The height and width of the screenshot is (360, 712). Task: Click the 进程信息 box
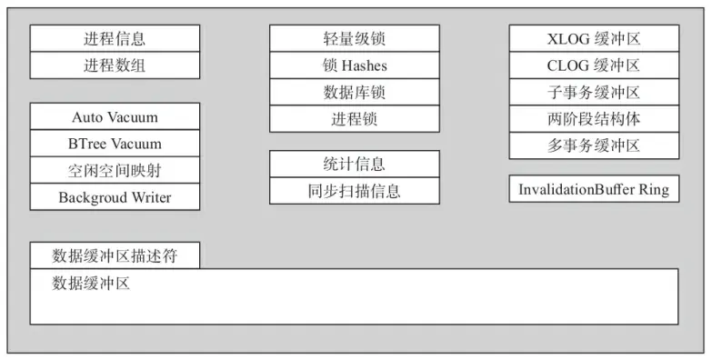point(115,39)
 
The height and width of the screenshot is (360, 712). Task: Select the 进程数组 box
point(115,65)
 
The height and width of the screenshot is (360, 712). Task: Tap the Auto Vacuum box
point(115,117)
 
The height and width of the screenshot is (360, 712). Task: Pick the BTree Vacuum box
point(115,144)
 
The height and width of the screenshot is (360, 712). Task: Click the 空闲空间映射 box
point(115,170)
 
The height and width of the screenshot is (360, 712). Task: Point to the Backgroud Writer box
point(115,196)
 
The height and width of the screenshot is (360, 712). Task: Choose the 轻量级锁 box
point(354,39)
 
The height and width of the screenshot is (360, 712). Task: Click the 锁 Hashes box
point(354,65)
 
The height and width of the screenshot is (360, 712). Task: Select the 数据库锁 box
point(354,92)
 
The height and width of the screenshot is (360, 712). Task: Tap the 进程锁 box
point(354,118)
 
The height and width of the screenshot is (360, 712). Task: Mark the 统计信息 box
point(354,164)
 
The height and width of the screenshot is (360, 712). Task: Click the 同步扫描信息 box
point(354,190)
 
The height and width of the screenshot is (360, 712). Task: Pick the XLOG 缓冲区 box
point(594,39)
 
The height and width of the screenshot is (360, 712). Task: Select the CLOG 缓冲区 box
point(594,65)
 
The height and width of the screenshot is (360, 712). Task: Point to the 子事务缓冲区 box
point(594,92)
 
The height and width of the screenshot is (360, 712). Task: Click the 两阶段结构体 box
point(594,118)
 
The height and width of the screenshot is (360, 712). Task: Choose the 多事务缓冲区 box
point(594,145)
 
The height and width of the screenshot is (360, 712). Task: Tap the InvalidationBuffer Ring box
point(594,189)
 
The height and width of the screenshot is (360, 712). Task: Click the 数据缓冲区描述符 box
point(115,255)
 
